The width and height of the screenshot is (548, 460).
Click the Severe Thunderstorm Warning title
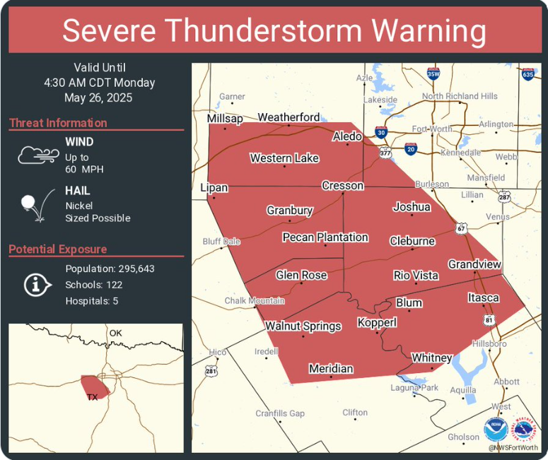(x=274, y=32)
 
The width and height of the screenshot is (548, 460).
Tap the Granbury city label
(x=289, y=211)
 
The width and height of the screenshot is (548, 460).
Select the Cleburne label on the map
(x=412, y=241)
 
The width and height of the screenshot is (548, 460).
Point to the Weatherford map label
(x=288, y=117)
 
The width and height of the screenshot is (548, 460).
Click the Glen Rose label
(x=301, y=275)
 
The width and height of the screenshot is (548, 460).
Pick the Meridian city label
(x=331, y=369)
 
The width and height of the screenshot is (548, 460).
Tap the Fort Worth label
(x=432, y=129)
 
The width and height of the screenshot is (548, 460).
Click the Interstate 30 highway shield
(x=381, y=132)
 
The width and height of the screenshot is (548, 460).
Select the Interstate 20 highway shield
(x=411, y=148)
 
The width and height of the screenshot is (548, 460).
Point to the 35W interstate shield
(x=433, y=73)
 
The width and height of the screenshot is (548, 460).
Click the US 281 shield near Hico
(x=211, y=370)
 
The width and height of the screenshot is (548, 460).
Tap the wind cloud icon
(x=37, y=155)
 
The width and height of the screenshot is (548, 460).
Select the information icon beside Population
(x=37, y=284)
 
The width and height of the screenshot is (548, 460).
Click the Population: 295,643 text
(x=110, y=269)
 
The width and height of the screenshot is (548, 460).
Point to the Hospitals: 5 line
(x=91, y=301)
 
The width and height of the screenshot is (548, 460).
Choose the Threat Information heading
(x=58, y=123)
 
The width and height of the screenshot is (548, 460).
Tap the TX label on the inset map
(x=92, y=397)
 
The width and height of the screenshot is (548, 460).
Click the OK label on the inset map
(x=115, y=333)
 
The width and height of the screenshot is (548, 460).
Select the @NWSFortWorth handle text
(x=513, y=447)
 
